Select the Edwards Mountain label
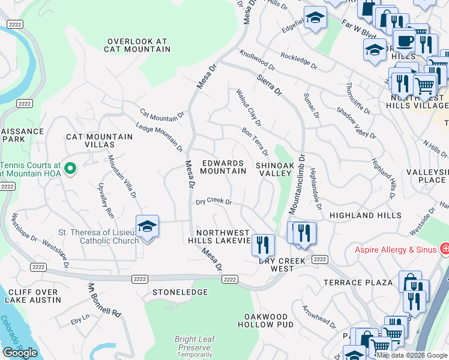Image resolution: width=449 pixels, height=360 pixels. click(x=223, y=167)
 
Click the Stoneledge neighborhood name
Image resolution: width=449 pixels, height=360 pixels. click(x=180, y=292)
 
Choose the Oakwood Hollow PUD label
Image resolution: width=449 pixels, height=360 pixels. click(x=265, y=320)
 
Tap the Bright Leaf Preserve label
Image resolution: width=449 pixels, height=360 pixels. click(x=193, y=343)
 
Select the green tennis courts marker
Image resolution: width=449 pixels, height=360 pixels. click(x=70, y=170)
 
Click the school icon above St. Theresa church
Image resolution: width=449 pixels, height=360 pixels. click(x=147, y=227)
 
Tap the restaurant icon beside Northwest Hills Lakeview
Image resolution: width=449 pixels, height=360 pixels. click(x=262, y=244)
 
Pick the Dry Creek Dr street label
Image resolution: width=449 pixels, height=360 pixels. click(x=214, y=202)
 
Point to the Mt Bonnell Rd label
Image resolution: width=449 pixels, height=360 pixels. click(x=104, y=300)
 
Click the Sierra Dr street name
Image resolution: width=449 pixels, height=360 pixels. click(x=269, y=85)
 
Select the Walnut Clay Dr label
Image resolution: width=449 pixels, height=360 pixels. click(x=249, y=108)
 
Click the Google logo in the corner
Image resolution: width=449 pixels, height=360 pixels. click(x=20, y=353)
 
